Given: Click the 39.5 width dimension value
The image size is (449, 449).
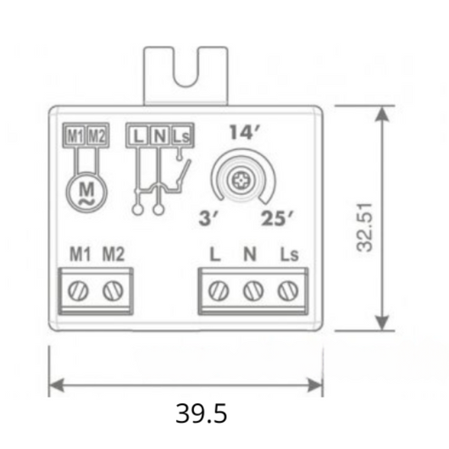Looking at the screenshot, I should (202, 414).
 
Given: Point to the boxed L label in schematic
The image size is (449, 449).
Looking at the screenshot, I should (139, 135).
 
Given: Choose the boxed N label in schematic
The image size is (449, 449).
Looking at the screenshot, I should (159, 135).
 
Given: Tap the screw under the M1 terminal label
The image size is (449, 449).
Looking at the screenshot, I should (79, 291).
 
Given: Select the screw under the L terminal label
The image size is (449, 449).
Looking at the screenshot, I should (219, 291).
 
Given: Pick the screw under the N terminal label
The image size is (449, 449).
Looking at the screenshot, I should (252, 291).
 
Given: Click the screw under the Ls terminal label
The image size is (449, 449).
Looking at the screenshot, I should (286, 291).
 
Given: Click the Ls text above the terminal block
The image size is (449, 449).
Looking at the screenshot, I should (290, 254).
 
